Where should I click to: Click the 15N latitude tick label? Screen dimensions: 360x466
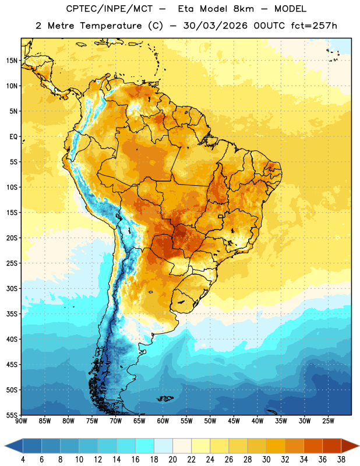click(12, 61)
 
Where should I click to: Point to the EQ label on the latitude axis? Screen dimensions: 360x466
click(13, 137)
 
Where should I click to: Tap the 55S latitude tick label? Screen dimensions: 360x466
click(12, 415)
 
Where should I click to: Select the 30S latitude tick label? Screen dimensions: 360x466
click(12, 288)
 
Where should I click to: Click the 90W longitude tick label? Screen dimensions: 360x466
click(21, 421)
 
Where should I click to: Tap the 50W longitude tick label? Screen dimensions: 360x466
click(210, 421)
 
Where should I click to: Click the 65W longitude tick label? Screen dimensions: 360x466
click(139, 421)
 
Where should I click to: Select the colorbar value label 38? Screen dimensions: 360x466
click(341, 460)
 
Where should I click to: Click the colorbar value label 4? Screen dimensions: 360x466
click(23, 460)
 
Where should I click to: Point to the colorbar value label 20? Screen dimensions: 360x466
click(172, 460)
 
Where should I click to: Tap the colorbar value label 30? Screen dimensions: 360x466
click(266, 460)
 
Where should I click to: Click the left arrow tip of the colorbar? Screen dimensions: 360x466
click(5, 446)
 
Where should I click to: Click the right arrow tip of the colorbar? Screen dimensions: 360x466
click(359, 446)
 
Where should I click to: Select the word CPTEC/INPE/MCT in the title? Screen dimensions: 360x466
click(109, 9)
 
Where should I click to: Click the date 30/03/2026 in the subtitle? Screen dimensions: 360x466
click(215, 26)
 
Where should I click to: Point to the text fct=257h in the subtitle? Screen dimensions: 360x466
click(314, 26)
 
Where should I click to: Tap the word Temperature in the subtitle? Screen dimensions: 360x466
click(111, 26)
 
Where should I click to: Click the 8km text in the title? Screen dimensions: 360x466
click(243, 9)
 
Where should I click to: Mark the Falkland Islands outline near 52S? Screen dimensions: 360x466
click(165, 398)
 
